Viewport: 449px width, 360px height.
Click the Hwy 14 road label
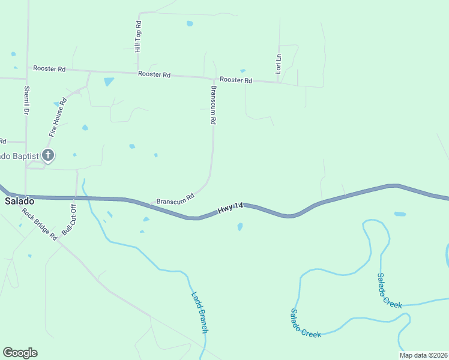pos(231,208)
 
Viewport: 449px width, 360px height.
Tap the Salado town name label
pos(18,202)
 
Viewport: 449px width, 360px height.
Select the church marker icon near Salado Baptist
pos(48,156)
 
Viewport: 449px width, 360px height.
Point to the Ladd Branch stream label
pos(199,312)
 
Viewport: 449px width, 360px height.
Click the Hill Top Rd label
pos(138,37)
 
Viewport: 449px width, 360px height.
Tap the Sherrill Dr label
pos(27,101)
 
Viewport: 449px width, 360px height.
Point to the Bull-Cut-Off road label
pos(69,220)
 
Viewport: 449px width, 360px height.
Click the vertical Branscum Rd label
pos(213,104)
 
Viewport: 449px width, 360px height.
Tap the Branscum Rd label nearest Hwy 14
pos(175,197)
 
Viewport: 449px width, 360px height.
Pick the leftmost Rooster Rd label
pos(49,69)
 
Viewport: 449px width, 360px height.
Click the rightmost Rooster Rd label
pos(236,79)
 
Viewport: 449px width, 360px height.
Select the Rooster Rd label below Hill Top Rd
pos(154,74)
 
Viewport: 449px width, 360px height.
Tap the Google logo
pos(20,353)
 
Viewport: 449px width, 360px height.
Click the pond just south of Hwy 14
pos(240,227)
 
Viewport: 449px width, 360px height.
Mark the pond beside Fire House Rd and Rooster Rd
pos(109,82)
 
